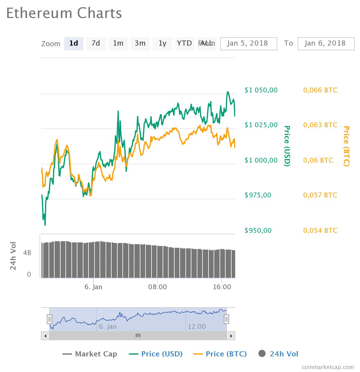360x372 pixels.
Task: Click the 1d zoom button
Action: point(73,43)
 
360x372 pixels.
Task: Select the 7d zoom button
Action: point(96,43)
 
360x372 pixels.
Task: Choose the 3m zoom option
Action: point(140,43)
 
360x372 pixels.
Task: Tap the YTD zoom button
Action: point(184,43)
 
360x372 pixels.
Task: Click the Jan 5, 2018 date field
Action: point(248,43)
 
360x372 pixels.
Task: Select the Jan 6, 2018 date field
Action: point(326,43)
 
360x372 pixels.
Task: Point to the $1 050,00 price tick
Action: point(261,90)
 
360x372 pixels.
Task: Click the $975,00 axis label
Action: point(258,195)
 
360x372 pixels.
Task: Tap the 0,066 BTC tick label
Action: point(320,90)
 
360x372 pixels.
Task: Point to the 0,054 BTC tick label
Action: point(320,230)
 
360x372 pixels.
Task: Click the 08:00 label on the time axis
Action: point(157,287)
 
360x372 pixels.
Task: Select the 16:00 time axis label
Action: point(222,287)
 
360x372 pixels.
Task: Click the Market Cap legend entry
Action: point(90,354)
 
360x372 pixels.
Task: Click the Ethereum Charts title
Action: point(64,13)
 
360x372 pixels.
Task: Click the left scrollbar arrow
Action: point(45,336)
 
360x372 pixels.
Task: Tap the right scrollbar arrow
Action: point(231,336)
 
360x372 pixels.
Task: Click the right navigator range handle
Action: point(226,319)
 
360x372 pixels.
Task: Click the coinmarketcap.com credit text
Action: point(328,367)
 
